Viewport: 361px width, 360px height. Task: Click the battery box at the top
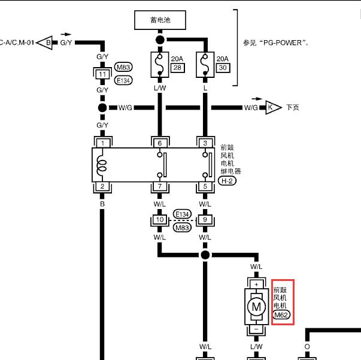click(x=160, y=20)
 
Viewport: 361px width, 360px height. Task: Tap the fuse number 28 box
click(x=178, y=68)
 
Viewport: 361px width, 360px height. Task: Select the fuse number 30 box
click(x=223, y=68)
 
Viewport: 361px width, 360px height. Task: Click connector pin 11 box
click(x=102, y=74)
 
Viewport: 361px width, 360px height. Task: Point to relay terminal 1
click(x=103, y=143)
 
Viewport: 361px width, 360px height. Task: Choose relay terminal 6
click(x=160, y=143)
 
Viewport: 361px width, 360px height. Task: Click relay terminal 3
click(x=205, y=143)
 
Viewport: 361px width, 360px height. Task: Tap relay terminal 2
click(x=102, y=186)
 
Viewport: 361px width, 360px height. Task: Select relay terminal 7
click(x=160, y=186)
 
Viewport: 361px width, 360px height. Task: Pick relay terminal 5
click(x=205, y=186)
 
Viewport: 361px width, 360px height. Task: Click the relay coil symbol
click(x=102, y=165)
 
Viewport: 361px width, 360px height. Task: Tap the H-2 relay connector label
click(x=227, y=181)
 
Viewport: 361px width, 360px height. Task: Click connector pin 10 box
click(x=160, y=219)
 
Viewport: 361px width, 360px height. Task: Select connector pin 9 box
click(x=205, y=219)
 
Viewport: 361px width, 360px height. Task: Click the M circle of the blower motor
click(x=256, y=307)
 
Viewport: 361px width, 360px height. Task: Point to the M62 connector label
click(x=281, y=315)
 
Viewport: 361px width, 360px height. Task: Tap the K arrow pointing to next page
click(x=274, y=107)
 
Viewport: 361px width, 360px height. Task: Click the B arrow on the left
click(x=45, y=43)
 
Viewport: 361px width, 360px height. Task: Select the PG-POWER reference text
click(x=275, y=43)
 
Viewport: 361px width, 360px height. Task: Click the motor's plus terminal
click(x=256, y=285)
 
